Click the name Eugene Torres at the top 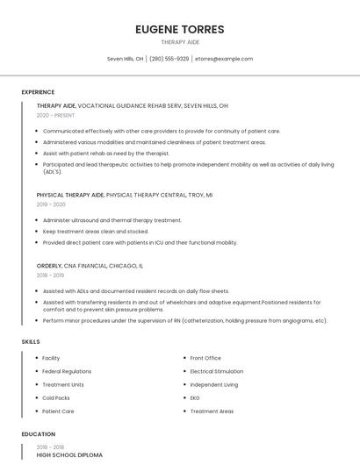[x=180, y=29]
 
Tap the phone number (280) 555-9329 [x=169, y=59]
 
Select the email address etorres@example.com [x=224, y=59]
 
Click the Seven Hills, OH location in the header [x=125, y=59]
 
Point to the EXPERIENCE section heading [x=38, y=92]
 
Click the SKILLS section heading [x=30, y=340]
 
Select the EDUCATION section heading [x=38, y=434]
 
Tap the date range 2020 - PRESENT [x=56, y=115]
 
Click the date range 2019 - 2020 [x=52, y=204]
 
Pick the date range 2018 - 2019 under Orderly [x=51, y=275]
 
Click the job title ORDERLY [x=49, y=265]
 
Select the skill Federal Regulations [x=67, y=371]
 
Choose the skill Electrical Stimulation [x=216, y=371]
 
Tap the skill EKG [x=196, y=397]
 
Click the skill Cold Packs [x=57, y=397]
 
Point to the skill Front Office [x=205, y=358]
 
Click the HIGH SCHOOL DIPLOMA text [x=69, y=455]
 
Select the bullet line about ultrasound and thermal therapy [x=112, y=220]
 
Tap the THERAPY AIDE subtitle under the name [x=180, y=41]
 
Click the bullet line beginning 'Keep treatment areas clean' [x=96, y=232]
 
